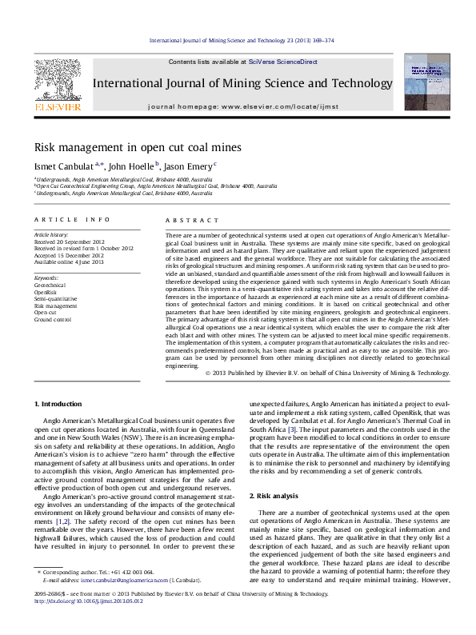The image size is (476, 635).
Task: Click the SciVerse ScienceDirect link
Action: click(282, 62)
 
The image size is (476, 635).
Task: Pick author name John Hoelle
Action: click(130, 166)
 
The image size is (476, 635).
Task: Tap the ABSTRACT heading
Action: click(191, 220)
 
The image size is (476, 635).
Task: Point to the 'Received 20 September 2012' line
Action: click(70, 242)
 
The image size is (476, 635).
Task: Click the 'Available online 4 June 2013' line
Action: click(69, 262)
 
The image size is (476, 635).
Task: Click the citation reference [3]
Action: click(293, 430)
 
